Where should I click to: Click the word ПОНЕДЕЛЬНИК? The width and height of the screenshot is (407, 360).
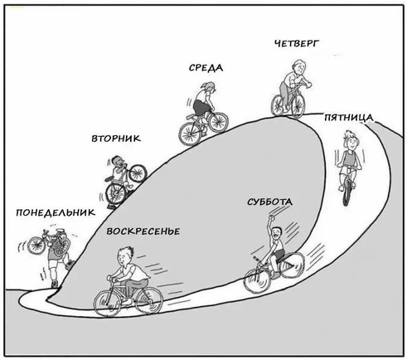pos(56,212)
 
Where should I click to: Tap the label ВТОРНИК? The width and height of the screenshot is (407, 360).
pos(116,138)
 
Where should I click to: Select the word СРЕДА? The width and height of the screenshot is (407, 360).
pos(206,68)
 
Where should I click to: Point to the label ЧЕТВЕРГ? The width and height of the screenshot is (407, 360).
pos(297,43)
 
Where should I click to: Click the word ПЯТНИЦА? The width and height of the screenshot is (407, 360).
pos(348,118)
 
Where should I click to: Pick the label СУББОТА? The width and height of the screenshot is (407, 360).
pos(269,202)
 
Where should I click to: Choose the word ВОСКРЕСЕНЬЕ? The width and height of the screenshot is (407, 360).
pos(143,231)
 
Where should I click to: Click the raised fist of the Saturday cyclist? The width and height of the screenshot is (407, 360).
pos(272,216)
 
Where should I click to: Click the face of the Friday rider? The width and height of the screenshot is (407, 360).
pos(351,143)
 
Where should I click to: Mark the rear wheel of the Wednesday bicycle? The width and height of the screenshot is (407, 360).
pos(190,133)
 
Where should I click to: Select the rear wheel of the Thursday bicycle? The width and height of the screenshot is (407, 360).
pos(279,105)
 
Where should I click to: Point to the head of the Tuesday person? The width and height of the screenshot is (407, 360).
pos(118,161)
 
